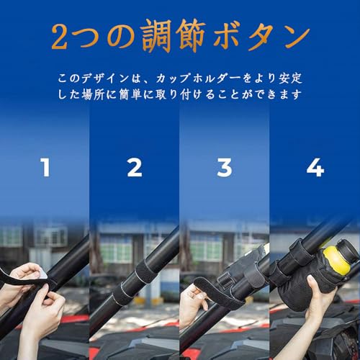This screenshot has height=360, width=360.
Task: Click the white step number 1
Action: coord(45,168)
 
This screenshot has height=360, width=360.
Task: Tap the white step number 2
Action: coord(135,168)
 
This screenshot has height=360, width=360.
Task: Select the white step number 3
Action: coord(225,168)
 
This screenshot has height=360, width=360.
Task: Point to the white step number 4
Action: coord(315,168)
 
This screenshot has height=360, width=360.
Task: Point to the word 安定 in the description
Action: coord(290,78)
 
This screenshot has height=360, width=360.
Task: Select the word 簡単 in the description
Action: coord(130,95)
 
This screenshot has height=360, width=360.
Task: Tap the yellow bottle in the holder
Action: coord(336,261)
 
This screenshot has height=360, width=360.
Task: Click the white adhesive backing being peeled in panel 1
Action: coord(43,274)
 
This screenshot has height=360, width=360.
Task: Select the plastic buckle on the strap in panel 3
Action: coord(225,279)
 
